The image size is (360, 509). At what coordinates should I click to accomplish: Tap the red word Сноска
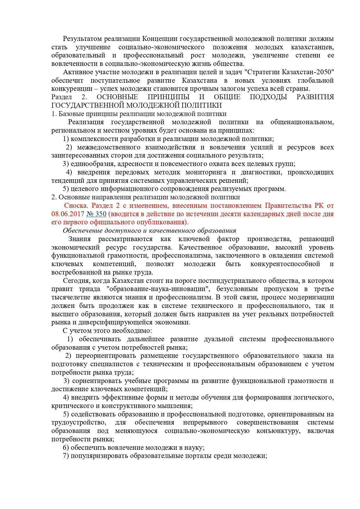tap(76, 205)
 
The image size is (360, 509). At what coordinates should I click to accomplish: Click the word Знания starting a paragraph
tap(79, 239)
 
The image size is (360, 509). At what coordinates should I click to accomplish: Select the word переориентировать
tap(106, 355)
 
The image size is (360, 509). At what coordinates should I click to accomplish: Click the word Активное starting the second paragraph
tap(77, 72)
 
